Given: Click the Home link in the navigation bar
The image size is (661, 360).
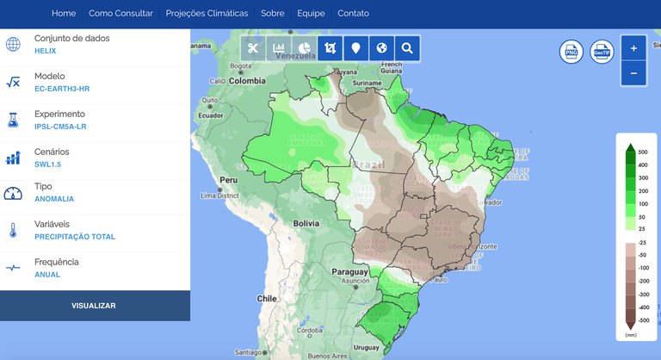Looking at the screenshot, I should (x=64, y=14).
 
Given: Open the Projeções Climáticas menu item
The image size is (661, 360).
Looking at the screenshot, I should (x=207, y=14).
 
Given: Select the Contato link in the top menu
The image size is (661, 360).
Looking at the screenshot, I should (x=353, y=14).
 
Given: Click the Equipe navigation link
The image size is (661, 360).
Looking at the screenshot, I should (x=311, y=14).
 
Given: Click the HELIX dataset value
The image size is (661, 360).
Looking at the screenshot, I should (x=46, y=52).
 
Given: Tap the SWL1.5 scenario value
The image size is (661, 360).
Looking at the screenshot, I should (x=48, y=164).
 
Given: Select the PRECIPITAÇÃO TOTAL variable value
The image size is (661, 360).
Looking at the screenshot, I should (x=75, y=236).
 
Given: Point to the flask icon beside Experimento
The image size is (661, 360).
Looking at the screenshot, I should (x=13, y=120).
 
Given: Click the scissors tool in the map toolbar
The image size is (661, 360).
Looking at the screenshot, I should (x=252, y=49).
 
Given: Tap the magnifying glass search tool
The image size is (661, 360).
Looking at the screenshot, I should (x=407, y=49).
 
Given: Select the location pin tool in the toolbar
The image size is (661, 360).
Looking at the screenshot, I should (x=355, y=49).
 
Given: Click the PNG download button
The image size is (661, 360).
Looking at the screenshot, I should (x=571, y=53).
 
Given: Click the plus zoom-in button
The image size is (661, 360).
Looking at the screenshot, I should (x=633, y=49).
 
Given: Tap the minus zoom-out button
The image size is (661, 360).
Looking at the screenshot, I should (x=633, y=74).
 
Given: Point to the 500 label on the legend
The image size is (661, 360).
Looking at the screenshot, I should (x=642, y=152).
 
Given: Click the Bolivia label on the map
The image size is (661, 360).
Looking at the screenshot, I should (x=306, y=223).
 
